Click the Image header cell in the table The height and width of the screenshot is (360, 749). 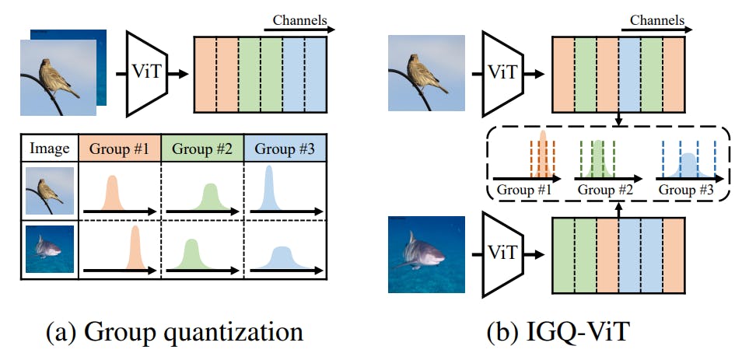point(48,148)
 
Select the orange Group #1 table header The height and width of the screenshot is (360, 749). point(120,148)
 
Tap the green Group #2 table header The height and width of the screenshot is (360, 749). point(201,148)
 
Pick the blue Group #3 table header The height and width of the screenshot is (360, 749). point(284,148)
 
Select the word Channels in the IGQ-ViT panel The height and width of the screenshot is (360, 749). point(658,18)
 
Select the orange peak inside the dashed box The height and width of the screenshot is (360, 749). point(543,156)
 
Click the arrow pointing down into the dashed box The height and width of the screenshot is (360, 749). point(616,118)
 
